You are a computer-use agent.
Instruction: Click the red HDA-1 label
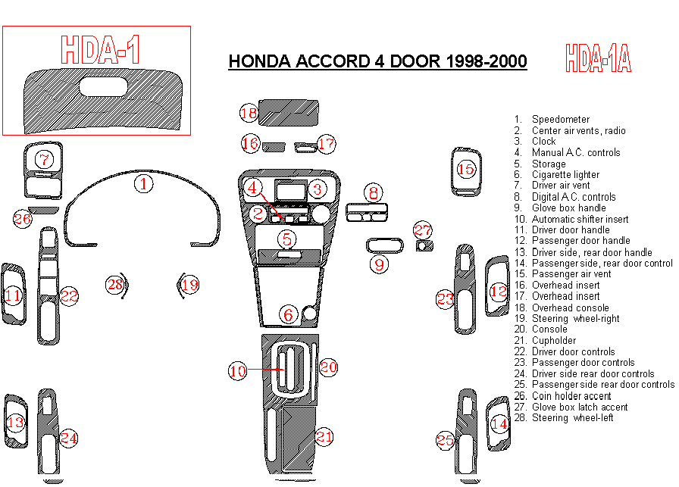point(100,49)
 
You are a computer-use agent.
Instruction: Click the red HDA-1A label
point(598,58)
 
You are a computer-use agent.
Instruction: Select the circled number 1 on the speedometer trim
point(144,183)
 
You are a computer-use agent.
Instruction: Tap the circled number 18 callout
point(249,114)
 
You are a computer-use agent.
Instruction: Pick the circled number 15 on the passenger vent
point(466,168)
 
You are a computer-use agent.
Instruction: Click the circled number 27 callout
point(422,230)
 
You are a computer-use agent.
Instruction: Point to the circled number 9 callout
point(379,264)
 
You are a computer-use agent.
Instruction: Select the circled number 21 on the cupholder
point(324,436)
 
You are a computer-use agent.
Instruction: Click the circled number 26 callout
point(23,219)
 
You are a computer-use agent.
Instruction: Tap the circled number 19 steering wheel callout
point(189,285)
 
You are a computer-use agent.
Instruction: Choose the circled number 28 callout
point(114,284)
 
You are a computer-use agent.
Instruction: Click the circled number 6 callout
point(288,314)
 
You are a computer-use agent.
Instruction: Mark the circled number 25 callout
point(445,440)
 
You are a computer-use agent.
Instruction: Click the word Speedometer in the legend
point(560,120)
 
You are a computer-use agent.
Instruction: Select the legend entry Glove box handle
point(568,208)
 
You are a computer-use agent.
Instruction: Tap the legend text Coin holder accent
point(571,396)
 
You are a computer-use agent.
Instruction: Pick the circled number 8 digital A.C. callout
point(373,193)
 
